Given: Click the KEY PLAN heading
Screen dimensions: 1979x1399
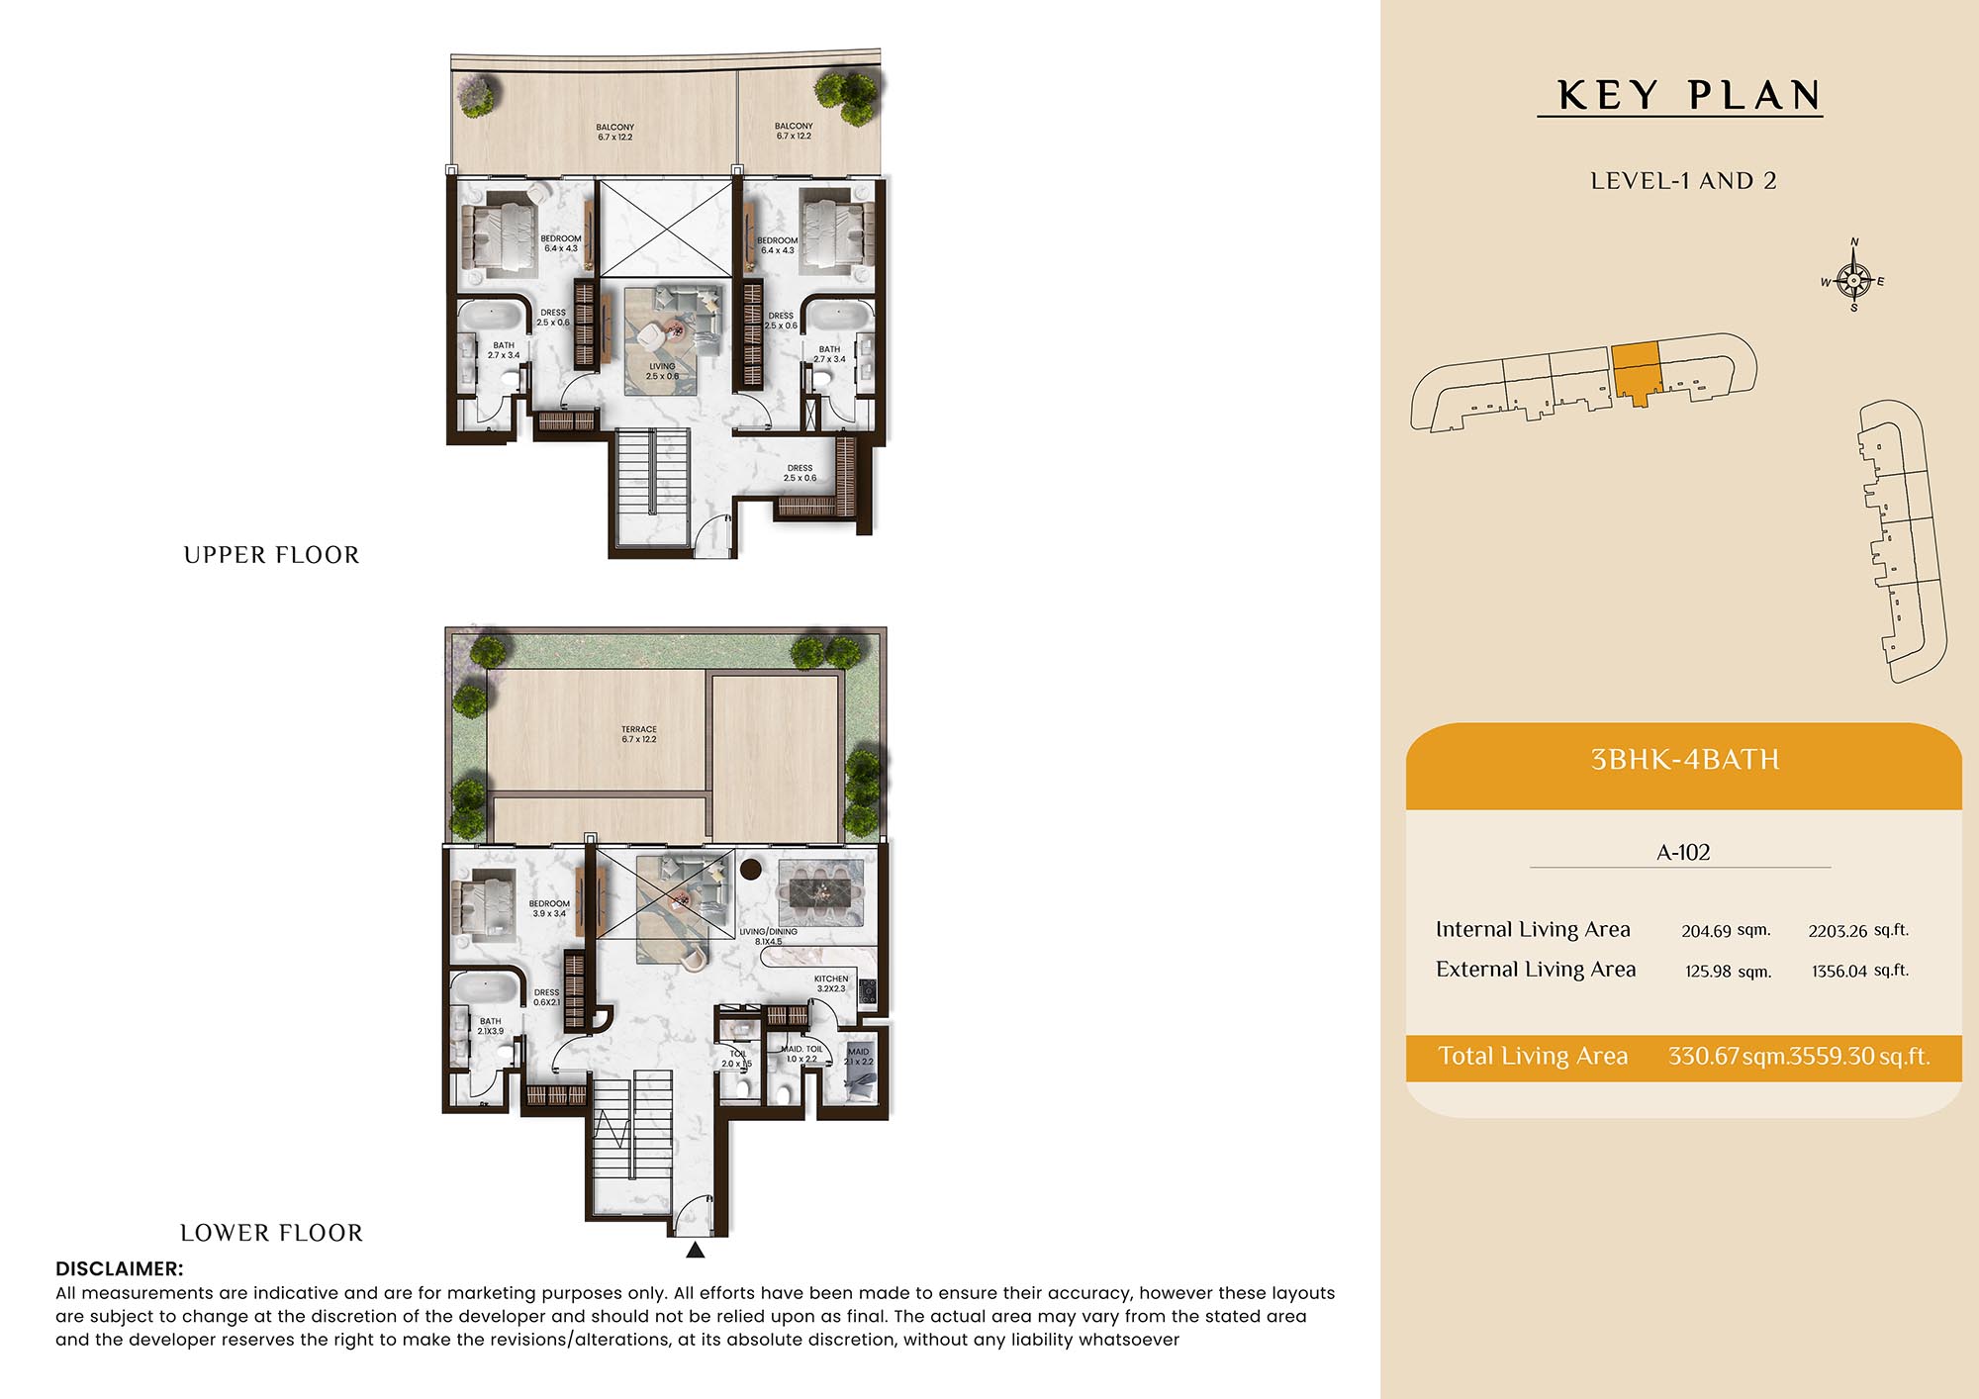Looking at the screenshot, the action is [1689, 96].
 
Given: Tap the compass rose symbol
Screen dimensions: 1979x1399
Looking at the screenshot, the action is [1853, 280].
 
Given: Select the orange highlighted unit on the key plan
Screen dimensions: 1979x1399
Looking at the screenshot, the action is [1635, 371].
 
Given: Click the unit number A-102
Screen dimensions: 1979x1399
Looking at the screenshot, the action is [1683, 852].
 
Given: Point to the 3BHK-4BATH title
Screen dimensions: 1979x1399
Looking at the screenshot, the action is [1684, 760].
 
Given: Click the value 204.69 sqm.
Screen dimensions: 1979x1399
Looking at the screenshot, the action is [1726, 931].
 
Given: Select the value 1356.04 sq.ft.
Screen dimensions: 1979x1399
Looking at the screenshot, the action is [1860, 971].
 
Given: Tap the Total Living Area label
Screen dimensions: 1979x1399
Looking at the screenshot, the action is [1533, 1056].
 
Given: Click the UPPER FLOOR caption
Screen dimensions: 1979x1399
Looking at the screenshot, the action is [271, 555].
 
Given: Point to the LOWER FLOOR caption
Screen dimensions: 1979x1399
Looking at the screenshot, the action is [271, 1233].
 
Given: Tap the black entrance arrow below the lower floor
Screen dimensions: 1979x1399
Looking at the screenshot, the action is [696, 1250].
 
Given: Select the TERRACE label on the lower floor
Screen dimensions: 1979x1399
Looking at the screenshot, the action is [639, 729].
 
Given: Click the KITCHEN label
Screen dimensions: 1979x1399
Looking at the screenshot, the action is [831, 979].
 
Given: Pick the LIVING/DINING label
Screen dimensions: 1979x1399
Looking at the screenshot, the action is [769, 932].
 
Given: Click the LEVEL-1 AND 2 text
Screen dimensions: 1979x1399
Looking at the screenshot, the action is [1683, 181].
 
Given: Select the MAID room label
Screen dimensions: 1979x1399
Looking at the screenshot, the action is [858, 1052].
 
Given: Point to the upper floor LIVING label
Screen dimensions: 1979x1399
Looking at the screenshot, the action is [662, 366].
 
